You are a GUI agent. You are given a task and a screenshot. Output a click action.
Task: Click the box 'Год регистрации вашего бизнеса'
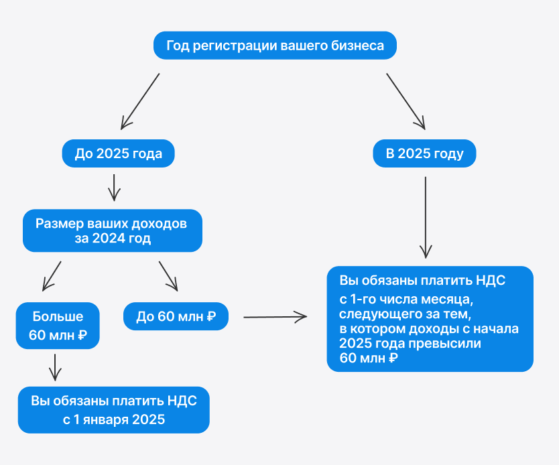pos(275,46)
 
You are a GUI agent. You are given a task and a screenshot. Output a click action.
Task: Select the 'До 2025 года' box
pos(118,153)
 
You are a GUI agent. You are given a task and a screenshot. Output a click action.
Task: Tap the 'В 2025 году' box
pos(424,153)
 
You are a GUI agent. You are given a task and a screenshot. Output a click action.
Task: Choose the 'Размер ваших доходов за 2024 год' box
pos(113,230)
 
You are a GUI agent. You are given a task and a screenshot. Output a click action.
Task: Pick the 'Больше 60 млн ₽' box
pos(58,326)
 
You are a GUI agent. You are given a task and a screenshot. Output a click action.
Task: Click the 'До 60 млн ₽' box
pos(176,316)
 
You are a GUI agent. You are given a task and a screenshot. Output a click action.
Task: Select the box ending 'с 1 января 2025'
pos(114,410)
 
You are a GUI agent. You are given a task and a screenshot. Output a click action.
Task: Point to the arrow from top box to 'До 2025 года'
pos(140,101)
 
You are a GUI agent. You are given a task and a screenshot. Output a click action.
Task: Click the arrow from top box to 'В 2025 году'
pos(406,101)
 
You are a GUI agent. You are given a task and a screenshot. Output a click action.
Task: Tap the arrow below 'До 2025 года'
pos(114,187)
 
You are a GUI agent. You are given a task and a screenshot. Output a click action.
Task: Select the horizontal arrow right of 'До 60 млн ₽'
pos(275,316)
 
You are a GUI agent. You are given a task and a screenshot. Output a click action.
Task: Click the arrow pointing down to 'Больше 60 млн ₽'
pos(52,275)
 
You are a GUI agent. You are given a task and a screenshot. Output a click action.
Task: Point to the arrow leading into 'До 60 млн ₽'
pos(168,275)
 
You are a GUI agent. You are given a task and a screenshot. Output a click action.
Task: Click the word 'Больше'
pos(58,316)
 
